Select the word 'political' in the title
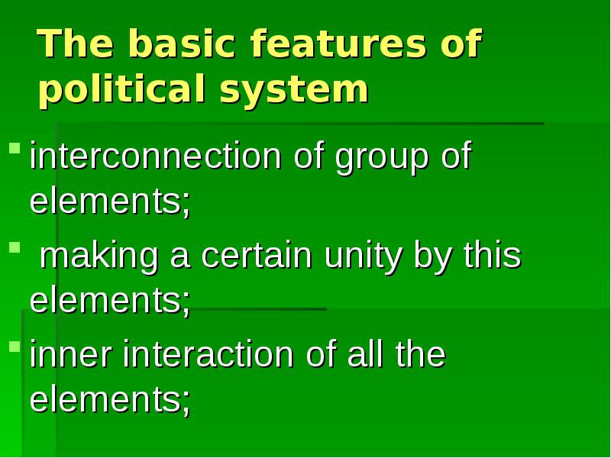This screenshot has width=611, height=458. (x=121, y=91)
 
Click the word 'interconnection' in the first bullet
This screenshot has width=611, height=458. (x=155, y=157)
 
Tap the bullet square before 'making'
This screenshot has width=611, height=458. (x=14, y=247)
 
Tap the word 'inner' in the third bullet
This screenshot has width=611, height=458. (x=70, y=356)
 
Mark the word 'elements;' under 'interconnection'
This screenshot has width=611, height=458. (x=110, y=202)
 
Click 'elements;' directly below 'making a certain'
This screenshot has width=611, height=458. (x=110, y=301)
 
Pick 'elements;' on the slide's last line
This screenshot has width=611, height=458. (x=110, y=399)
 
